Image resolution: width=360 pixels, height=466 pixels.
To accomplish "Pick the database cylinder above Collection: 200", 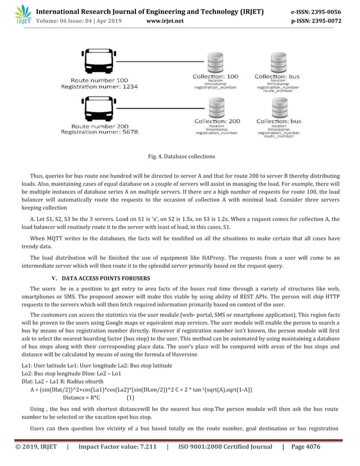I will [217, 107].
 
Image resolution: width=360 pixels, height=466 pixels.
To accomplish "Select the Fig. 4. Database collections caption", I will [180, 156].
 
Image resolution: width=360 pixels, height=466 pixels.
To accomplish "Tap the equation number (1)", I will [130, 397].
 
